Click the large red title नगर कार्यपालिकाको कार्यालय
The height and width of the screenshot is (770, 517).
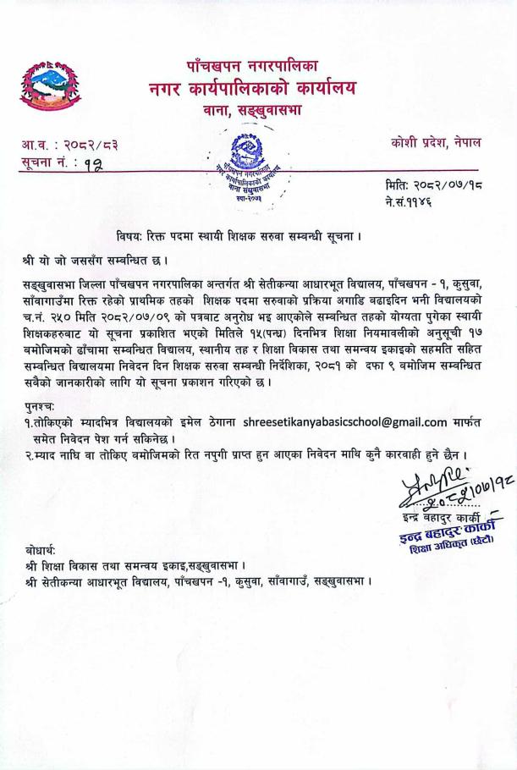[252, 87]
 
